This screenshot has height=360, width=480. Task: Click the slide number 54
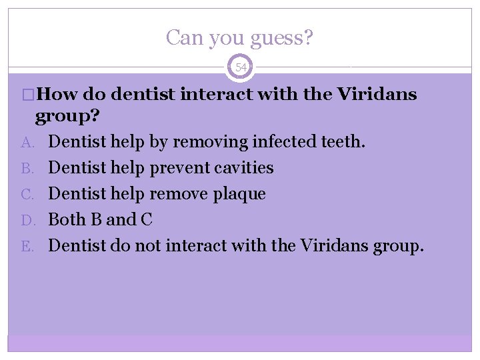pyautogui.click(x=241, y=67)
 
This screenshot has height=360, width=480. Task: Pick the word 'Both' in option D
pyautogui.click(x=67, y=220)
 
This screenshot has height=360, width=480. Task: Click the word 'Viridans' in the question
pyautogui.click(x=377, y=95)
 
